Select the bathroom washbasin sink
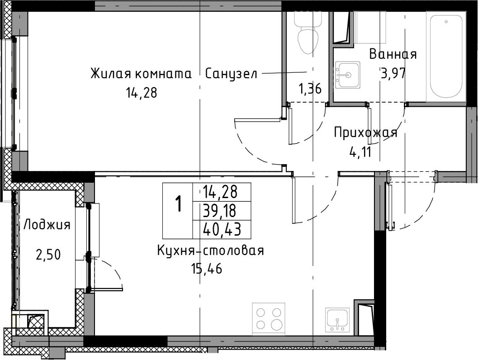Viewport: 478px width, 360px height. coord(347,75)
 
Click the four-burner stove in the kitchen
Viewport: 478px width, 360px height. coord(269,317)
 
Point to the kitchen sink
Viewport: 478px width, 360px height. coord(337,319)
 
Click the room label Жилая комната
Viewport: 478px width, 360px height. coord(141,74)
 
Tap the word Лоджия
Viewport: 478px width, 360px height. coord(47,225)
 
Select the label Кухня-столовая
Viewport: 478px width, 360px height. coord(210,251)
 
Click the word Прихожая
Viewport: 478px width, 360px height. coord(365,133)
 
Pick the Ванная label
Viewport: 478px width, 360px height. coord(393,54)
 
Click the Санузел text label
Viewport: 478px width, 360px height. coord(231,74)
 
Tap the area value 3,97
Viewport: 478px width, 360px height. coord(393,73)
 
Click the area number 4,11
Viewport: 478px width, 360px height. coord(360,152)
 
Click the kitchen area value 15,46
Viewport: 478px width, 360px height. coord(207,269)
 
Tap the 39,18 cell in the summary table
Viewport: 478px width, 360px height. coord(219,211)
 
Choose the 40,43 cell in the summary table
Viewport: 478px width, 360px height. coord(222,229)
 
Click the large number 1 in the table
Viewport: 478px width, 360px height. coord(178,204)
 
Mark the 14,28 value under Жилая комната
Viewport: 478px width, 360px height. coord(142,92)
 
